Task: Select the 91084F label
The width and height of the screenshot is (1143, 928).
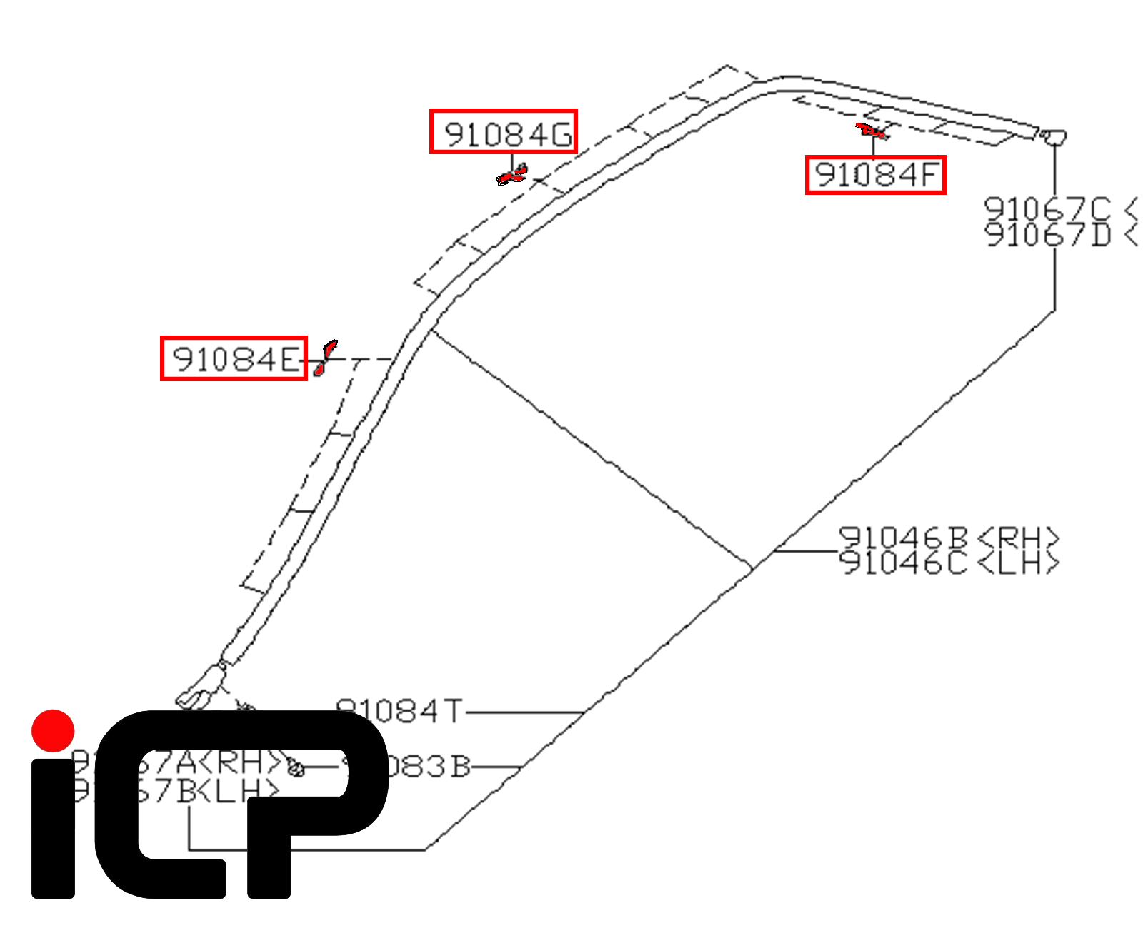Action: pyautogui.click(x=876, y=175)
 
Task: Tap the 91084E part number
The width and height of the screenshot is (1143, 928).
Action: pyautogui.click(x=234, y=358)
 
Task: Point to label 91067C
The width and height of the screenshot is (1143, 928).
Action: pyautogui.click(x=1048, y=209)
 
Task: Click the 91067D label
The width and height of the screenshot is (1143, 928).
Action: pyautogui.click(x=1048, y=234)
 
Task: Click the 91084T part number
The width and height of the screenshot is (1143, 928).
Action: pyautogui.click(x=400, y=711)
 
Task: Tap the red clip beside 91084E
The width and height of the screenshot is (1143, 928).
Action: pyautogui.click(x=324, y=358)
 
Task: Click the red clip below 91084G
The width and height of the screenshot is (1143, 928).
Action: pyautogui.click(x=512, y=175)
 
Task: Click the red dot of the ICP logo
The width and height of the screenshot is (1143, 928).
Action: pyautogui.click(x=53, y=730)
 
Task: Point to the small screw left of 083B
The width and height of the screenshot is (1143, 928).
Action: pyautogui.click(x=295, y=768)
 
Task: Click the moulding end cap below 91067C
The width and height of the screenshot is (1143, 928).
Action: pyautogui.click(x=1053, y=136)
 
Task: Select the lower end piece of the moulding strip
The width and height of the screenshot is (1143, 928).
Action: pyautogui.click(x=201, y=689)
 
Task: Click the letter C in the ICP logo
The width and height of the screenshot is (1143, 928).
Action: pyautogui.click(x=161, y=807)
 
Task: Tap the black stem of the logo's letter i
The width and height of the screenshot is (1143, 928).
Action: pyautogui.click(x=54, y=828)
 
